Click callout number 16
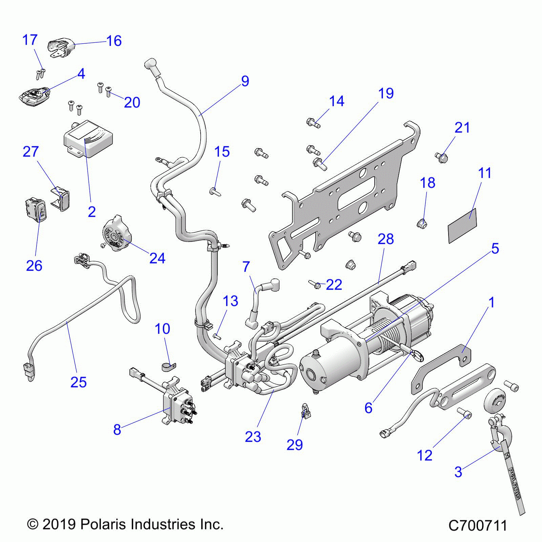pyautogui.click(x=114, y=41)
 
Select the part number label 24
pyautogui.click(x=157, y=258)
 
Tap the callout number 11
pyautogui.click(x=484, y=173)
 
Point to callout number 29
pyautogui.click(x=294, y=445)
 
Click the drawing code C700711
pyautogui.click(x=477, y=526)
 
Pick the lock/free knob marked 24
pyautogui.click(x=116, y=233)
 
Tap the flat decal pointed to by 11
pyautogui.click(x=462, y=226)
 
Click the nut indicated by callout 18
pyautogui.click(x=422, y=223)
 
